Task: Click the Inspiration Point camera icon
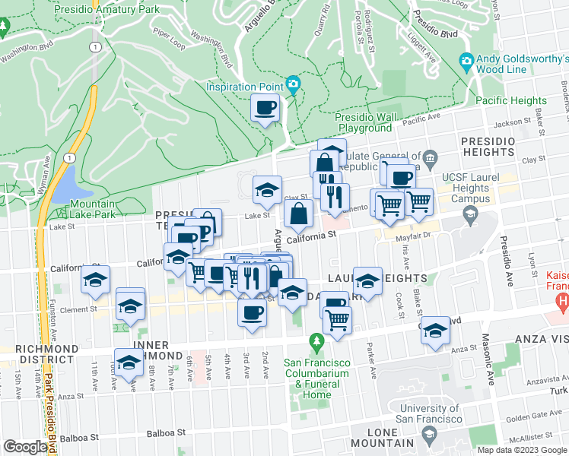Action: [292, 84]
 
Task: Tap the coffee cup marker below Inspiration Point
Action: [265, 109]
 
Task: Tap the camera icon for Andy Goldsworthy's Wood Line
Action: [467, 61]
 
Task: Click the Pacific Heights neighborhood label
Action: [510, 100]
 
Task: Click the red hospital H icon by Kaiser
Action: [562, 304]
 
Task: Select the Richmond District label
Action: [46, 353]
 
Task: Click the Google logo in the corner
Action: [26, 447]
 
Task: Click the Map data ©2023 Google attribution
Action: [521, 450]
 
